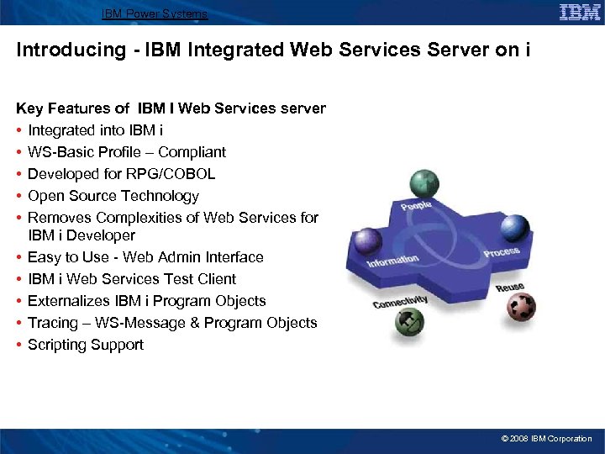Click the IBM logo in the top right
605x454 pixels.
(580, 13)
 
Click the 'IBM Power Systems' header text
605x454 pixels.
(155, 13)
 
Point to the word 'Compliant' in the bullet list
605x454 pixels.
(192, 152)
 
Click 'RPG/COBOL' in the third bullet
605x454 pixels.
(176, 174)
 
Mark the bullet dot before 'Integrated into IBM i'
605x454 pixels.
(19, 130)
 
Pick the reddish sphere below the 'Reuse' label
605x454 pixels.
(521, 309)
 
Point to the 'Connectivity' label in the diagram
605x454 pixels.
(400, 301)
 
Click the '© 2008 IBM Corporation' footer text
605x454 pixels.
(546, 439)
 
